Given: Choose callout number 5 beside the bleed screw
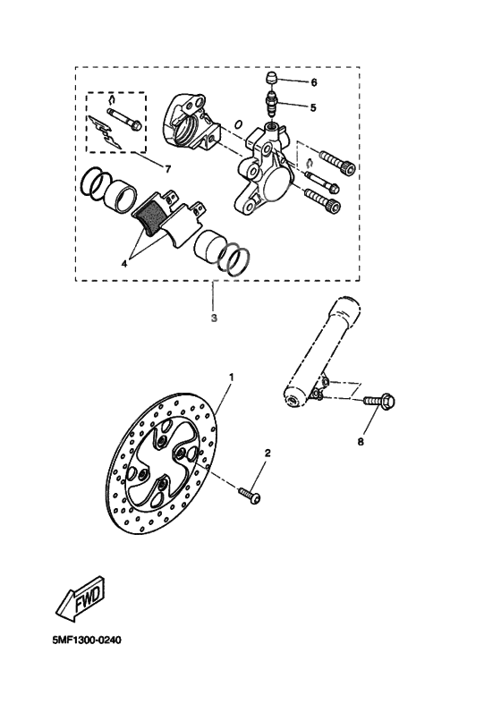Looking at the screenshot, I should (x=313, y=107).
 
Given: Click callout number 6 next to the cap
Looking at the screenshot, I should (x=313, y=82).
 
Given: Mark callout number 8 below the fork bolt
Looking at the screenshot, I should (x=361, y=440).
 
